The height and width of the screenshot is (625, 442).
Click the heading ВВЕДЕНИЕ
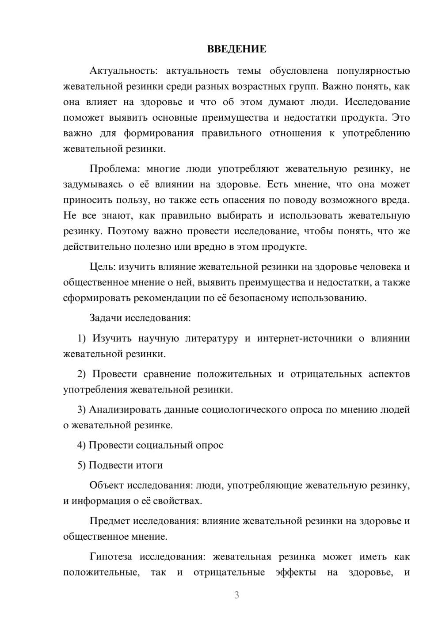point(236,49)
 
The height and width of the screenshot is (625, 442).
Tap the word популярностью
point(373,71)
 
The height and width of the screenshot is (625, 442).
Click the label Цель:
point(103,267)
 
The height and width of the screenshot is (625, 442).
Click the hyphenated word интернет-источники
point(305,339)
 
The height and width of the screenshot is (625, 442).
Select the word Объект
point(107,485)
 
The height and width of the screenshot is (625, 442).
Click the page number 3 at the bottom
point(236,595)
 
